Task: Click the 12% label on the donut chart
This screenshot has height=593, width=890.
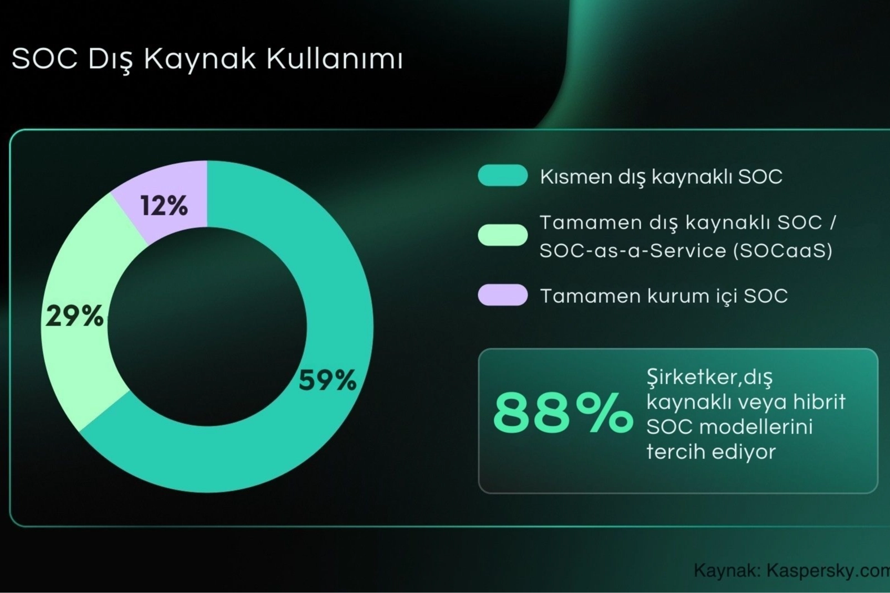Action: pyautogui.click(x=163, y=206)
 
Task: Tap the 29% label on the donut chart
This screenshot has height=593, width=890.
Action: pyautogui.click(x=74, y=316)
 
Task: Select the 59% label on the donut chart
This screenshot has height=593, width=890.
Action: pyautogui.click(x=328, y=380)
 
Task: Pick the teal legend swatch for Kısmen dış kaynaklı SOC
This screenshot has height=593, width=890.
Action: pyautogui.click(x=503, y=176)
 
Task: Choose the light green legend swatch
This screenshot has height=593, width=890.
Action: pyautogui.click(x=503, y=235)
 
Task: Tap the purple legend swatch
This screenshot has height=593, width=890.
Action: pyautogui.click(x=503, y=295)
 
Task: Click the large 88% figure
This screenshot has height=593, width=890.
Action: pyautogui.click(x=562, y=413)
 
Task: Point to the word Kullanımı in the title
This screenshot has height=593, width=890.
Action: pyautogui.click(x=334, y=60)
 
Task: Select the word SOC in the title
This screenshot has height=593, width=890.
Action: pyautogui.click(x=44, y=60)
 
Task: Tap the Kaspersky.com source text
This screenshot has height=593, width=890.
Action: pyautogui.click(x=828, y=571)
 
